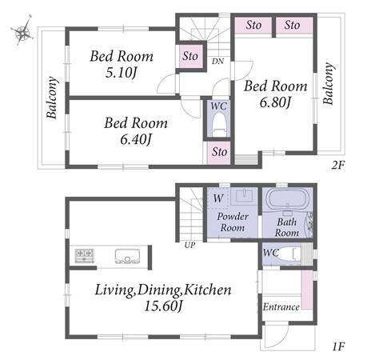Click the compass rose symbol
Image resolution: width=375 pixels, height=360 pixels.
click(x=22, y=32)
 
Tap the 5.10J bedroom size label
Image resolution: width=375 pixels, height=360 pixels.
click(x=122, y=73)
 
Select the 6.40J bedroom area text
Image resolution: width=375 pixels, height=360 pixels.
click(x=136, y=139)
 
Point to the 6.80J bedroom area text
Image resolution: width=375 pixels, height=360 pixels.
click(x=275, y=102)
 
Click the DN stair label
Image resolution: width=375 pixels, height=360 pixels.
click(x=217, y=62)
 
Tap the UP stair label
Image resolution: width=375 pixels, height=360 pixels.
click(x=189, y=245)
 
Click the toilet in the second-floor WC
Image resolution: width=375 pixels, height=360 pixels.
click(x=219, y=122)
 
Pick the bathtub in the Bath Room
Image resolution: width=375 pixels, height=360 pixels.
click(x=288, y=199)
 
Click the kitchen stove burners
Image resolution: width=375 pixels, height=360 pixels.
click(x=84, y=255)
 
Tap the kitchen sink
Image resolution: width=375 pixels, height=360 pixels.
click(x=127, y=256)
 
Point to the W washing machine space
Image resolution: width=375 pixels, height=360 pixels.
click(x=218, y=198)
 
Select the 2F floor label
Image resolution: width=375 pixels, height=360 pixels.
click(x=337, y=166)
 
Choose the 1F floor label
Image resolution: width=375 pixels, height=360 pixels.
click(x=338, y=347)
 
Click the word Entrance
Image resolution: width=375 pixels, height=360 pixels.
click(x=281, y=307)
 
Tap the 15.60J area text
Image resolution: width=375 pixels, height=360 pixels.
click(x=163, y=306)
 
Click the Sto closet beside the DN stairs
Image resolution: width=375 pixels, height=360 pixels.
click(x=190, y=56)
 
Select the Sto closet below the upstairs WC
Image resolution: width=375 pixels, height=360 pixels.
click(x=219, y=152)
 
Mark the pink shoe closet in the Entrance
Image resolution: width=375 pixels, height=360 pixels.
click(x=307, y=290)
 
